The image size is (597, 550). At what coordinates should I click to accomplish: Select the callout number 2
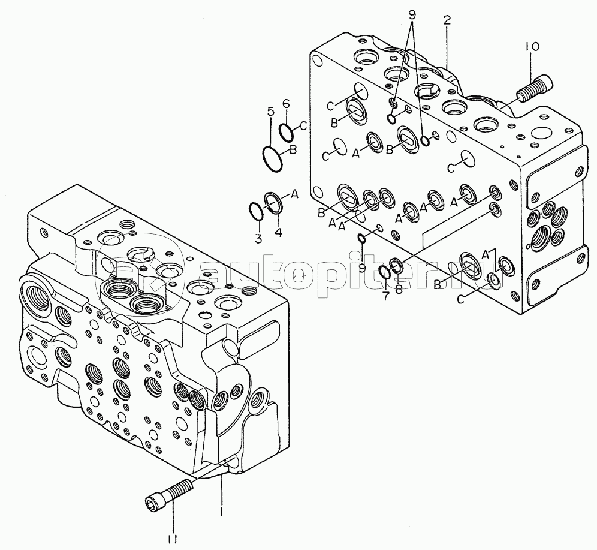click(x=447, y=20)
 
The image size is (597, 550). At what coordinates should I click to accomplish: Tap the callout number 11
click(x=173, y=539)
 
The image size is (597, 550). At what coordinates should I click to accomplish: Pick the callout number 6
click(x=286, y=103)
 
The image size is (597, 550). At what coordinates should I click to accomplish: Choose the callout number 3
click(x=258, y=239)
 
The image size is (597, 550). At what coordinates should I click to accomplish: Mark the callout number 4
click(x=279, y=232)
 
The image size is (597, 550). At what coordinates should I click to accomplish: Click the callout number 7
click(x=386, y=296)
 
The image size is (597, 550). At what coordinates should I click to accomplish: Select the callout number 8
click(x=399, y=290)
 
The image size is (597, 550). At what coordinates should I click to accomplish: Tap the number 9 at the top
click(x=412, y=14)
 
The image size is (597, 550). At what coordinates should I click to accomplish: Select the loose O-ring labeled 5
click(x=272, y=158)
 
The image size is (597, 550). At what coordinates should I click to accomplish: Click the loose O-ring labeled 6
click(x=286, y=131)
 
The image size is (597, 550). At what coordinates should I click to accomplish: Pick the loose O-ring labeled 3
click(x=256, y=211)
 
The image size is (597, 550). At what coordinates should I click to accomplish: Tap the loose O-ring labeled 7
click(x=385, y=272)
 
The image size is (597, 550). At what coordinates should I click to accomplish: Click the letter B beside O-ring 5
click(x=293, y=150)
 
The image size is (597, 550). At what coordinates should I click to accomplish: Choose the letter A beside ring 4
click(x=294, y=194)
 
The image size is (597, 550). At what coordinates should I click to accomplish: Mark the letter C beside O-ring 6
click(x=303, y=125)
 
